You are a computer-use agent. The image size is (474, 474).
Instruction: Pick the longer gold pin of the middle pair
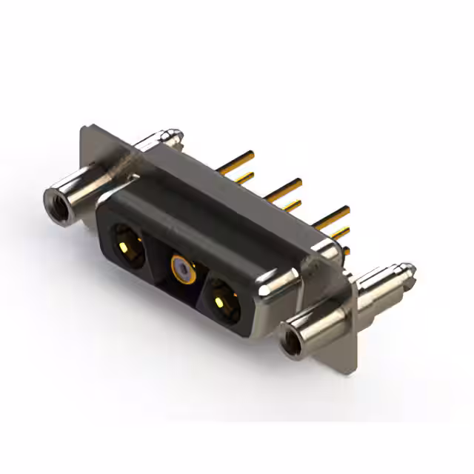(285, 187)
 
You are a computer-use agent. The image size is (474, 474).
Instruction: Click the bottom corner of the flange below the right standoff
(354, 367)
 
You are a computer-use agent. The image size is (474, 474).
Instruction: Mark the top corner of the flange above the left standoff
(83, 130)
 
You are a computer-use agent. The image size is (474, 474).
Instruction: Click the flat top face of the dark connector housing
(222, 193)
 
